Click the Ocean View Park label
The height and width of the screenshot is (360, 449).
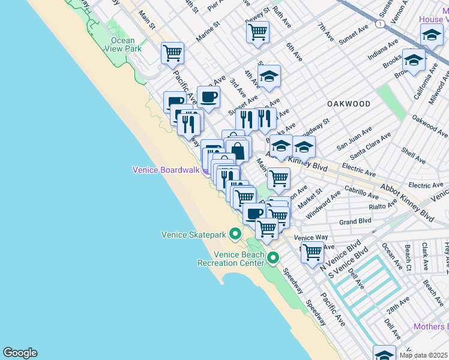coord(123,44)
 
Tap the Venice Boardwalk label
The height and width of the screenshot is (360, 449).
coord(166,170)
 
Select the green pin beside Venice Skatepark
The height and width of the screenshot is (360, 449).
coord(236,235)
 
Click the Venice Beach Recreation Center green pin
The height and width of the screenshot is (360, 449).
coord(274,259)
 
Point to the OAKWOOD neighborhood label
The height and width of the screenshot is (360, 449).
coord(349,104)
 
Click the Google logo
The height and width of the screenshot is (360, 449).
coord(20,353)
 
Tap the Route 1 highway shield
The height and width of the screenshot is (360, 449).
coord(380,23)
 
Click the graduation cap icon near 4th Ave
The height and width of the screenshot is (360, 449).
coord(270,76)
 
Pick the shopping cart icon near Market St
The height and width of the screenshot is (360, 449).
coord(279,178)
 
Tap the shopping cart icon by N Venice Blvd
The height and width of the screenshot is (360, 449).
coord(312,253)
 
